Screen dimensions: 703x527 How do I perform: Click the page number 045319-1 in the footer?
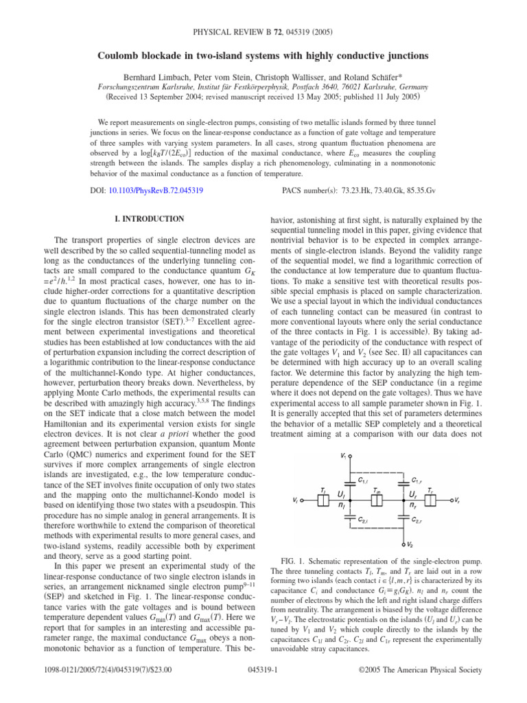click(x=263, y=688)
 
